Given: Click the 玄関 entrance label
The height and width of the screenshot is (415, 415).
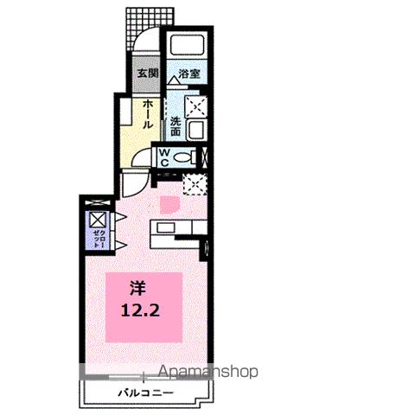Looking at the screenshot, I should click(x=144, y=73).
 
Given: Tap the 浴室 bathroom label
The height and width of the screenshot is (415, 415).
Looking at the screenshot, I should click(x=189, y=74).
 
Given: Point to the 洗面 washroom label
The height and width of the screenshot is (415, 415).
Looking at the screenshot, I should click(x=176, y=126).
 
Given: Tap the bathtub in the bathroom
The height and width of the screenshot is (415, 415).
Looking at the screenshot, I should click(x=187, y=48).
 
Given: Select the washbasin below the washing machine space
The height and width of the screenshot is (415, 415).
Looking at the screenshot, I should click(x=196, y=130).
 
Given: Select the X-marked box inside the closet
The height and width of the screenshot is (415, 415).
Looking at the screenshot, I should click(x=98, y=220).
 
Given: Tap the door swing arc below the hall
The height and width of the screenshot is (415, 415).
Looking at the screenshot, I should click(x=135, y=184).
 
